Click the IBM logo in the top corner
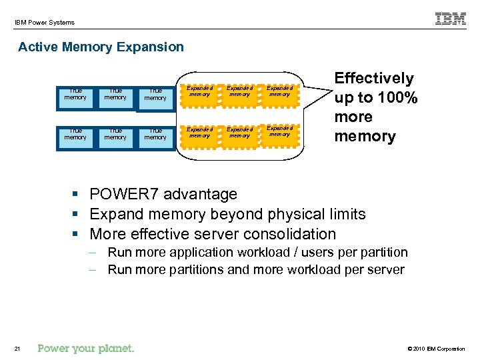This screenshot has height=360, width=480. click(x=451, y=19)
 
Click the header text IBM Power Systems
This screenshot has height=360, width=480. click(x=45, y=23)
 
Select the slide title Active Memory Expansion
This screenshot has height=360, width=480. click(x=101, y=47)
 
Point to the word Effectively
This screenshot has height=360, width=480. click(x=374, y=79)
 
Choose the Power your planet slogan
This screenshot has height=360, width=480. click(x=86, y=348)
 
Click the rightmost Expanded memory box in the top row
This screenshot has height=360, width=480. click(x=279, y=92)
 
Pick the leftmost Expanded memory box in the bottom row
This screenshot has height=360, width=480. click(x=199, y=132)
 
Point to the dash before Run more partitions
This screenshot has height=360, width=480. click(x=97, y=270)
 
